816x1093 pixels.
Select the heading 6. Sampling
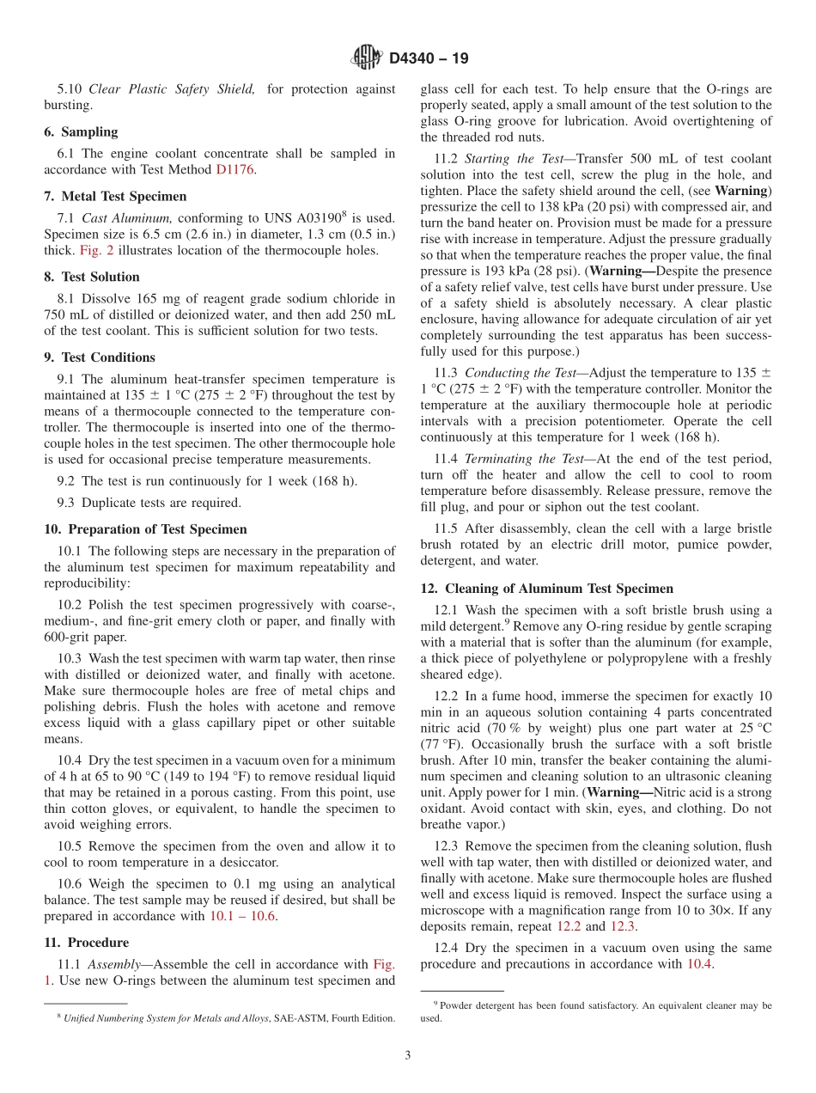coord(81,132)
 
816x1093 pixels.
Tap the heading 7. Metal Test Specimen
coord(115,197)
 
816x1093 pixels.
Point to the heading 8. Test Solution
coord(92,277)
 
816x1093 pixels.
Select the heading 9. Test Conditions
coord(100,357)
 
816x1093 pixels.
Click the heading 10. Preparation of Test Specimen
coord(145,529)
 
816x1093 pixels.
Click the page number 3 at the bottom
coord(408,1055)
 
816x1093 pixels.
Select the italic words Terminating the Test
coord(526,459)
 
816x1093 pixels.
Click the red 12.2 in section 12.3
coord(569,926)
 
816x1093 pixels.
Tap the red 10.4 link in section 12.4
coord(699,964)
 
